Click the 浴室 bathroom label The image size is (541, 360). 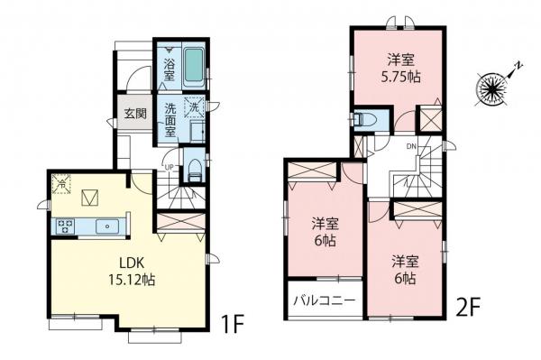(170, 64)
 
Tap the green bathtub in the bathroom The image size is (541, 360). (194, 66)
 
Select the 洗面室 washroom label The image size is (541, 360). (170, 118)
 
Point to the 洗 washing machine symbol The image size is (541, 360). (194, 107)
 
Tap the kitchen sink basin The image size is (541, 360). (108, 226)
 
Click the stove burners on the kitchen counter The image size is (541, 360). (66, 226)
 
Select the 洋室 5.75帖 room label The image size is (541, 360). (402, 68)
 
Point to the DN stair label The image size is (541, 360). (410, 145)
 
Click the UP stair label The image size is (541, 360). (170, 167)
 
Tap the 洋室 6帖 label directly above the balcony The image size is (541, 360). (326, 232)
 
